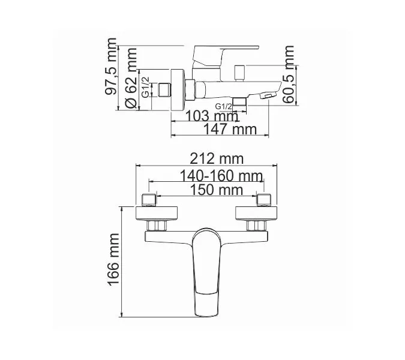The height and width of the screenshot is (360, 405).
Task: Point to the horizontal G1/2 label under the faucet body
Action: tap(223, 107)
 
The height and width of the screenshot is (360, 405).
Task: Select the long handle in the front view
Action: tap(206, 270)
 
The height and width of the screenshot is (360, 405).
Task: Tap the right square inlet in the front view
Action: tap(263, 199)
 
